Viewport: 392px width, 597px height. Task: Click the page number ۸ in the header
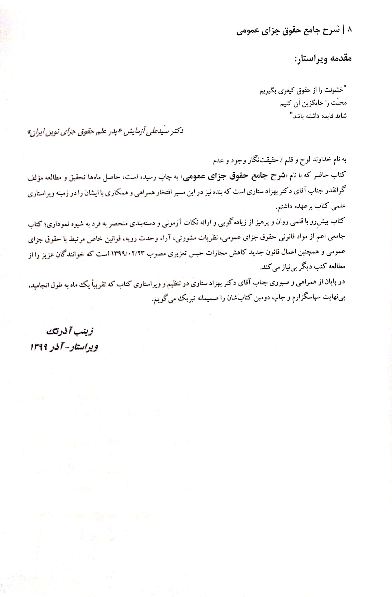click(349, 29)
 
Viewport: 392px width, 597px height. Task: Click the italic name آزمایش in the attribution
click(133, 132)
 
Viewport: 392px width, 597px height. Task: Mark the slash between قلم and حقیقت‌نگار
click(281, 160)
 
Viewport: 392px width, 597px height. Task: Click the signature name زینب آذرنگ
click(70, 331)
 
